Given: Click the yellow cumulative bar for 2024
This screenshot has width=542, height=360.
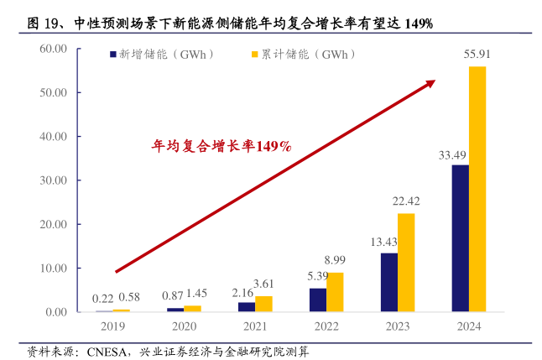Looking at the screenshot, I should [x=477, y=189].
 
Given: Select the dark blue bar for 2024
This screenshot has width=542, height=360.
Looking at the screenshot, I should [x=460, y=238].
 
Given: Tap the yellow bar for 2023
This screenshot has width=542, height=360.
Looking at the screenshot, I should [x=405, y=263].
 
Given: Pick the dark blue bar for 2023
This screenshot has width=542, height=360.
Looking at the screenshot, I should [x=388, y=282].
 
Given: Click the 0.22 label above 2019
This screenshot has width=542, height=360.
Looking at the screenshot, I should [x=102, y=299].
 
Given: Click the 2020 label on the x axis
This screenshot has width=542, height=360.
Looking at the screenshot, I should [x=182, y=327].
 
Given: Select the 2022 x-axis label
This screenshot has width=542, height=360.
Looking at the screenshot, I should [x=326, y=327].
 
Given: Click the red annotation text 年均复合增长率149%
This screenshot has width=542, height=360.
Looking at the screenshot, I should [x=221, y=146].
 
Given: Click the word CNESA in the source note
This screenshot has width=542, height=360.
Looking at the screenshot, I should [x=104, y=351].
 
